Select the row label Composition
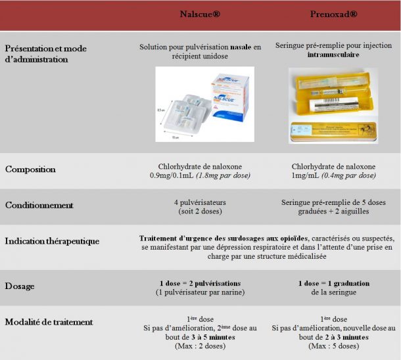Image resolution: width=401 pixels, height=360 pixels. point(30,169)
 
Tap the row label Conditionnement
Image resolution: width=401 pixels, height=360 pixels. point(39,206)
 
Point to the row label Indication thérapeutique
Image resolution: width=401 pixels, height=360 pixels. point(52,241)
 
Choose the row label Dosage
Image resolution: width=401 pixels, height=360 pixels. point(20,287)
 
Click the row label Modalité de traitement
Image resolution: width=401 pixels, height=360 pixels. point(49,322)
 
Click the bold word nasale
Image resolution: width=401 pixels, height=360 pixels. point(241,47)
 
